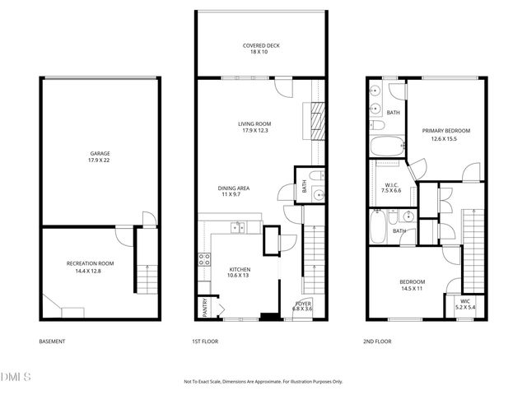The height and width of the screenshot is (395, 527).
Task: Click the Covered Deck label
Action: pyautogui.click(x=259, y=48)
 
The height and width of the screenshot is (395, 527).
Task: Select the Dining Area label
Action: pyautogui.click(x=234, y=192)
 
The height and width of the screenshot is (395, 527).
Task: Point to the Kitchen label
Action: pyautogui.click(x=240, y=272)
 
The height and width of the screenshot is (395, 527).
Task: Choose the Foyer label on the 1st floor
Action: pyautogui.click(x=303, y=306)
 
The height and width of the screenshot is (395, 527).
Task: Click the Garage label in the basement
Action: pyautogui.click(x=100, y=156)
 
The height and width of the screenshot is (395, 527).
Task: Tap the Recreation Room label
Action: pyautogui.click(x=90, y=267)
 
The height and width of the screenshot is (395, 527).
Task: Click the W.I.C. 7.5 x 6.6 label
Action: pyautogui.click(x=393, y=188)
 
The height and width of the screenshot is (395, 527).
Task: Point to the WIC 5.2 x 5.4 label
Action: pyautogui.click(x=465, y=304)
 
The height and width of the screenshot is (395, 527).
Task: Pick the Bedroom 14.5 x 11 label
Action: pyautogui.click(x=413, y=285)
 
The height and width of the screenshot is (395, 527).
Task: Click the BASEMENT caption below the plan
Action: pyautogui.click(x=52, y=342)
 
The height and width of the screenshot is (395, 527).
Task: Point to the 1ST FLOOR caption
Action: pyautogui.click(x=204, y=342)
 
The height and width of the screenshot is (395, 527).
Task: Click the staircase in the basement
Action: pyautogui.click(x=145, y=271)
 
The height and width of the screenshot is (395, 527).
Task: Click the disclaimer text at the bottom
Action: pyautogui.click(x=263, y=382)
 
